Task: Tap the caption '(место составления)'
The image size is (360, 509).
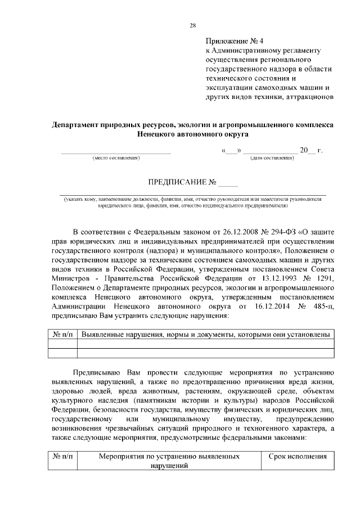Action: click(x=115, y=159)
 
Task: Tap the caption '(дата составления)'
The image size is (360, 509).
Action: click(x=272, y=159)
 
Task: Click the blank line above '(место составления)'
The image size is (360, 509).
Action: click(x=115, y=152)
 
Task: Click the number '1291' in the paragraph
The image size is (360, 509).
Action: click(x=323, y=280)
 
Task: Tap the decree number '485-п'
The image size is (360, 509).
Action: click(x=323, y=307)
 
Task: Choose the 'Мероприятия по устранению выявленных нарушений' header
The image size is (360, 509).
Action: click(x=169, y=461)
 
